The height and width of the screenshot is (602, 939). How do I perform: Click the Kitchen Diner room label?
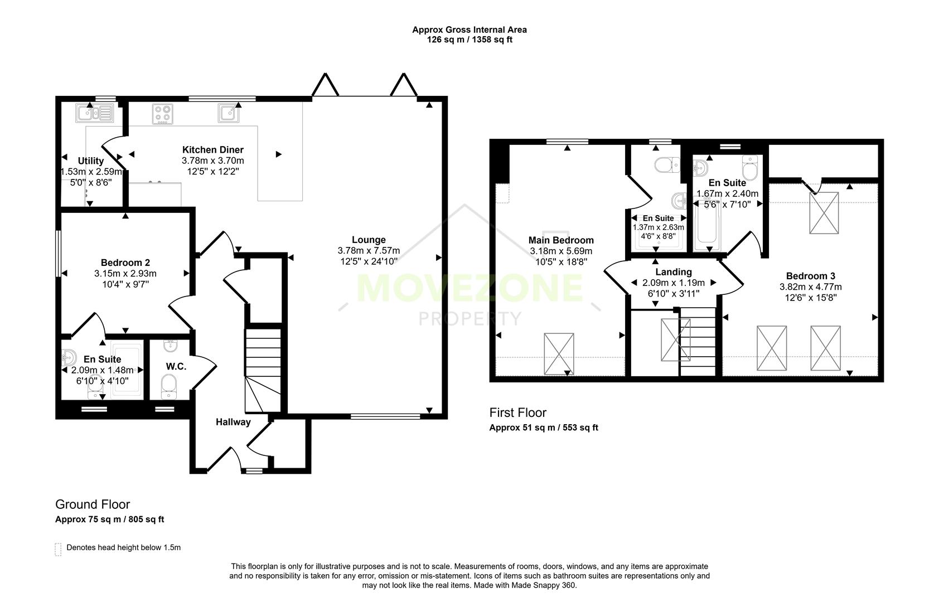tap(212, 149)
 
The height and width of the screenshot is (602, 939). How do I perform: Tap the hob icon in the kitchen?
tap(162, 114)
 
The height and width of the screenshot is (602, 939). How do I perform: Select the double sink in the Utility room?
tap(95, 113)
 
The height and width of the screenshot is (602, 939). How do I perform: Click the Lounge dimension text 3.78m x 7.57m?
tap(369, 251)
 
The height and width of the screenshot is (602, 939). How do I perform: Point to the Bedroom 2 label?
tap(125, 263)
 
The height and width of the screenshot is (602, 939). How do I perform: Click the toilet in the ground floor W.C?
tap(168, 385)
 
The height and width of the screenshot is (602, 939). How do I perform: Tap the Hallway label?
tap(233, 422)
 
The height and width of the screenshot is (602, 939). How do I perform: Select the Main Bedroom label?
tap(561, 240)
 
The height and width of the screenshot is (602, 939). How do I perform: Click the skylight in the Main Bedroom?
tap(559, 353)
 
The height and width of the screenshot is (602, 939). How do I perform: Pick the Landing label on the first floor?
tap(673, 272)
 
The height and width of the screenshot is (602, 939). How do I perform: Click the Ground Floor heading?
tap(93, 504)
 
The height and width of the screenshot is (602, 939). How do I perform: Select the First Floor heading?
tap(517, 412)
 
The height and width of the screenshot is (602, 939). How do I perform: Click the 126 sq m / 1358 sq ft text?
tap(469, 40)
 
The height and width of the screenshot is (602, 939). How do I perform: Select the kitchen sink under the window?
tap(229, 113)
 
